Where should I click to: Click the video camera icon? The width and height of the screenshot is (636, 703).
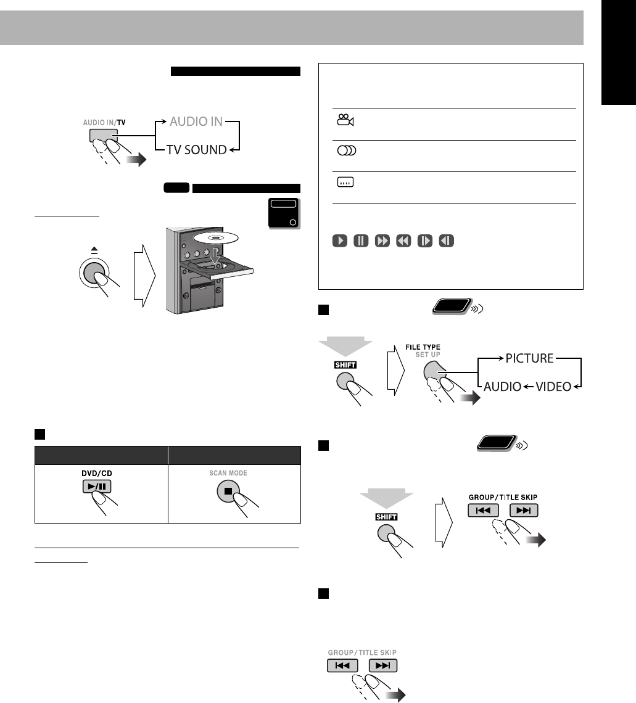point(345,120)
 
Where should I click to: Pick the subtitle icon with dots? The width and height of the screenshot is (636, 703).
point(345,183)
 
